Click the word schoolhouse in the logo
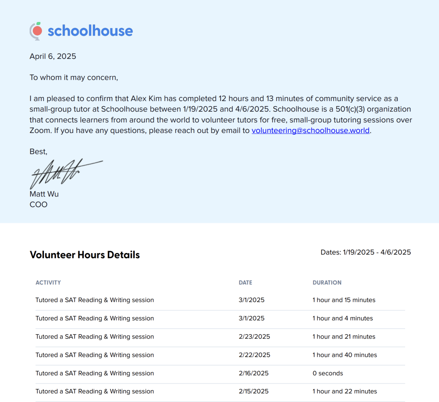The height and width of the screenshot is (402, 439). [x=90, y=31]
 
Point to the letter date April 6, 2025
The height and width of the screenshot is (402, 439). [x=53, y=56]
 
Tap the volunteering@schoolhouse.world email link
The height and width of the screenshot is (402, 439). [x=310, y=131]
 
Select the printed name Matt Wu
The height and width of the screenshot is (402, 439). [x=44, y=194]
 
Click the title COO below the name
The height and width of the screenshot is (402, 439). [x=38, y=205]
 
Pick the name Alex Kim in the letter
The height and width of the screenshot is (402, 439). [x=146, y=99]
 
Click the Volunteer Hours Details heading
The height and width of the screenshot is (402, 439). [x=85, y=255]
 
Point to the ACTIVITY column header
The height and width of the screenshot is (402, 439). [x=48, y=283]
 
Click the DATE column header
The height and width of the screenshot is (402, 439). [x=245, y=283]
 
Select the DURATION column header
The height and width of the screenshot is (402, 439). [x=327, y=283]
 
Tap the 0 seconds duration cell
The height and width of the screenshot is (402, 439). [x=328, y=373]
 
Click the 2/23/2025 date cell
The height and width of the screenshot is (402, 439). [x=254, y=337]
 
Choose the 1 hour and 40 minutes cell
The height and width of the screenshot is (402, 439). [x=344, y=355]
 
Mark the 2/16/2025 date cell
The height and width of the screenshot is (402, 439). [x=253, y=373]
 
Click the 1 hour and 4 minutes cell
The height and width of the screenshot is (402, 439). [x=342, y=318]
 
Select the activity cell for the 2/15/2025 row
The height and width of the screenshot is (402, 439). [x=95, y=391]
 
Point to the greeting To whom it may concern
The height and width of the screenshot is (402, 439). [x=74, y=77]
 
